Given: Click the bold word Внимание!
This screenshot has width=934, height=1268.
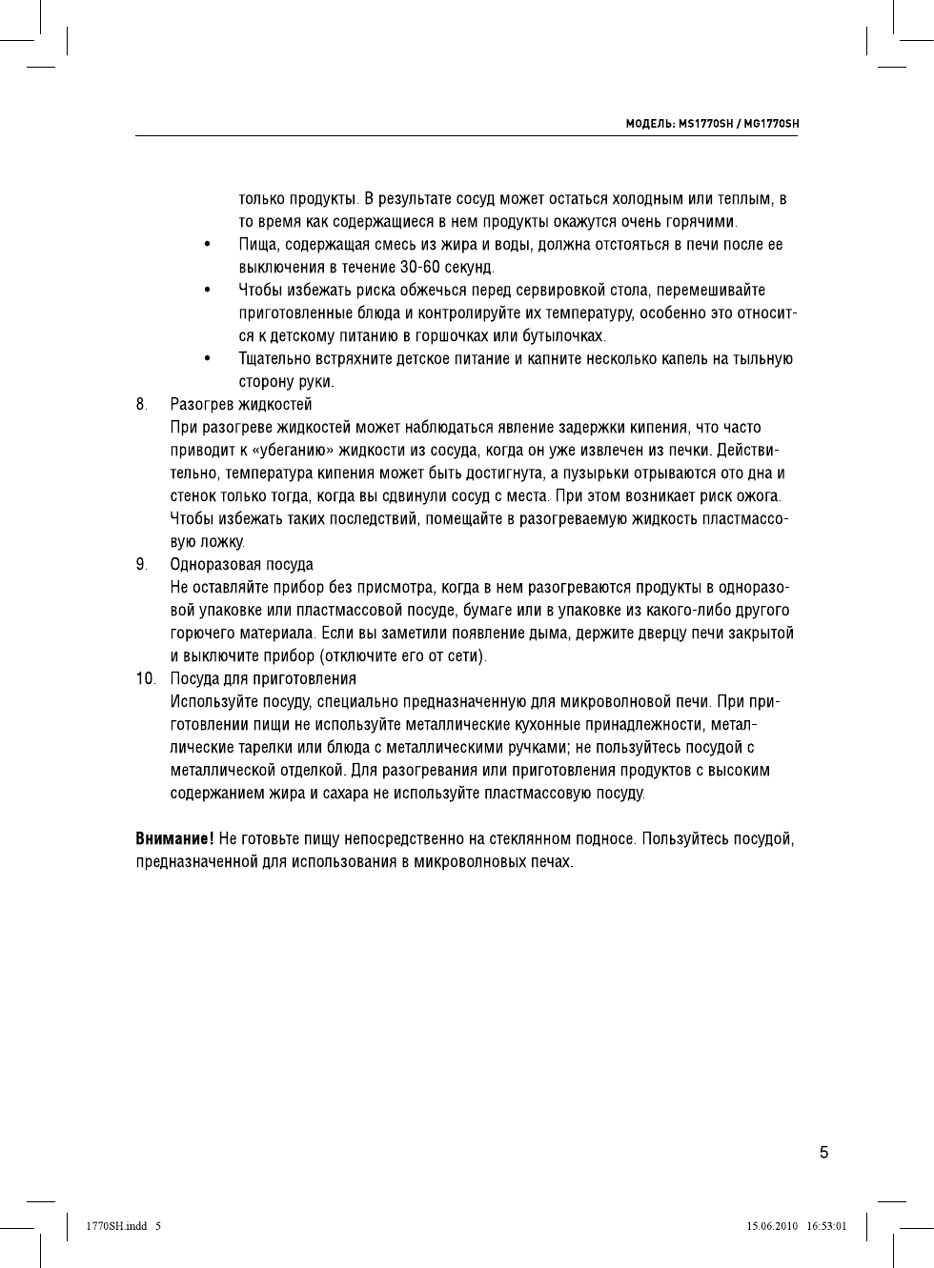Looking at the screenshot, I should [x=173, y=839].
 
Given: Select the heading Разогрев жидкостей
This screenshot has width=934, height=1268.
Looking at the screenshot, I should [x=241, y=405].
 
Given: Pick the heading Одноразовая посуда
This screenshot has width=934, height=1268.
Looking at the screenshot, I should [x=241, y=565].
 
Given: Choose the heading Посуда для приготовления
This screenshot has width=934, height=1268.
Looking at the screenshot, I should [x=263, y=679].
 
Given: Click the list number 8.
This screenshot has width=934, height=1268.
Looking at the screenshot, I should [x=141, y=405].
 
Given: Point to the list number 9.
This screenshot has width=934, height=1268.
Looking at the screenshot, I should [x=141, y=565].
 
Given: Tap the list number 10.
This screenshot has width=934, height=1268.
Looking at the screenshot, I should [x=145, y=679].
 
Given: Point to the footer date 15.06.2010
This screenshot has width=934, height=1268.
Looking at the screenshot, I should [x=771, y=1226].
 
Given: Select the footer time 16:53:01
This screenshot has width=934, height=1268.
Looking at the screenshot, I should [x=826, y=1226].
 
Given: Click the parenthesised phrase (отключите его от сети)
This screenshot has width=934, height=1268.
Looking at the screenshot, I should [x=403, y=656].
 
